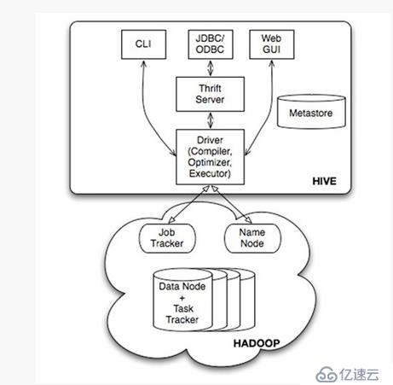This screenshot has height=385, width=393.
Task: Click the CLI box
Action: coord(143,44)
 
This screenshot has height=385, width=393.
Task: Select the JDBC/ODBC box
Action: coord(211,44)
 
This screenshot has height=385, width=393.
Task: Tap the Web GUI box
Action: coord(272,44)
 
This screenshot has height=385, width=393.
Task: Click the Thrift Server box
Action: coord(210,94)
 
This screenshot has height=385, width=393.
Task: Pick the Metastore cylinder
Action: coord(311,112)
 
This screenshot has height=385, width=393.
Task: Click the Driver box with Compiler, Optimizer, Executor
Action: coord(210,157)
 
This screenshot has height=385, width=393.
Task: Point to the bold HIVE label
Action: coord(324,181)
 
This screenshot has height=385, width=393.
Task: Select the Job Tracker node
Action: coord(167,238)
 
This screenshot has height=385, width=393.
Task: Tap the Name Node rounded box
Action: coord(252,238)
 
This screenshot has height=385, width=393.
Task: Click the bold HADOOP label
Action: coord(257,343)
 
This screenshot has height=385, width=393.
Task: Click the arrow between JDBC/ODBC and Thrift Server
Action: coord(211,68)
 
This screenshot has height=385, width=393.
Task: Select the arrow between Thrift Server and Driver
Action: coord(211,120)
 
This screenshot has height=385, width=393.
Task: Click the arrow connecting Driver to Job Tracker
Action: coord(189,204)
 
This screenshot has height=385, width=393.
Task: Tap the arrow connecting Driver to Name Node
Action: coord(231,204)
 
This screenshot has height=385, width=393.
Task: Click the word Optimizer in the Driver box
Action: coord(210,162)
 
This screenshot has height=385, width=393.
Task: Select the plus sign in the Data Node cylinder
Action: coord(182,298)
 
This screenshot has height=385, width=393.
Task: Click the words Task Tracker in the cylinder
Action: coord(182,314)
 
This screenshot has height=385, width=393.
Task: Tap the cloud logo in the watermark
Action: coord(327,375)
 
